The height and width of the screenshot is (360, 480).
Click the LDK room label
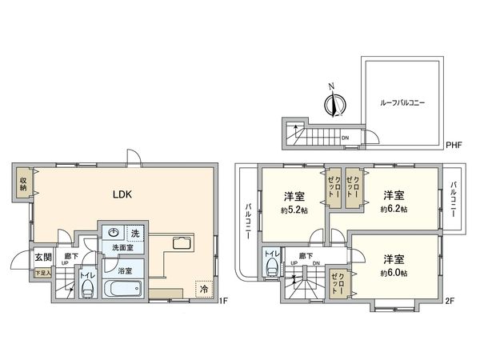point(121,194)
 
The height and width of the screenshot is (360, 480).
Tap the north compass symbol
point(336,103)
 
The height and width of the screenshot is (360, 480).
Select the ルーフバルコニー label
point(402,103)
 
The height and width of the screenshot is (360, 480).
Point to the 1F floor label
point(225,301)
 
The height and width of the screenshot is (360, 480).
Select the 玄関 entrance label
point(42,258)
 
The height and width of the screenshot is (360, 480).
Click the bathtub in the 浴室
point(124,287)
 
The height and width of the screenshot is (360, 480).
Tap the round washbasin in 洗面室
point(114,233)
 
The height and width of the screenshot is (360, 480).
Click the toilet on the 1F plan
point(86,290)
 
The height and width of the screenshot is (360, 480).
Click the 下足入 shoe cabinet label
point(41,274)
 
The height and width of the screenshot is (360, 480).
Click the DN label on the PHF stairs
point(345,137)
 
